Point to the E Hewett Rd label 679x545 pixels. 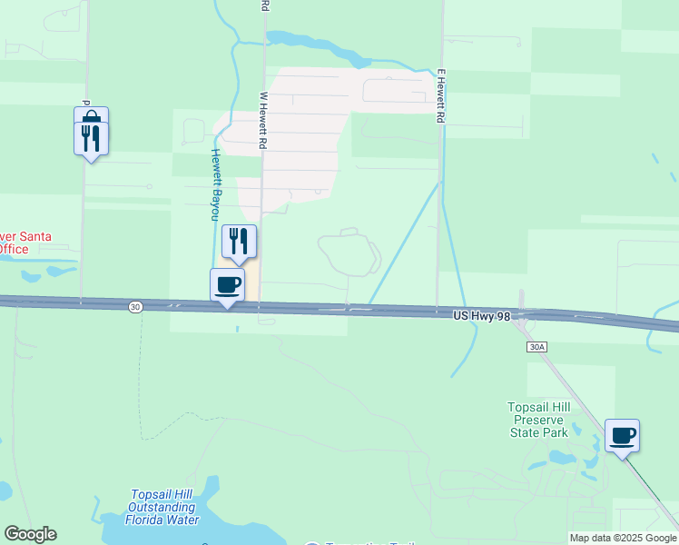(441, 95)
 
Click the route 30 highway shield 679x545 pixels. (135, 307)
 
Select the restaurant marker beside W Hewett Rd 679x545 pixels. (239, 242)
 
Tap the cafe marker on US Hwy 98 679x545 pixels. (227, 285)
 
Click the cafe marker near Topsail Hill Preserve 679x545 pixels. (622, 436)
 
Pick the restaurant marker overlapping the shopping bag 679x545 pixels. (91, 139)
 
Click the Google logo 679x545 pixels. (30, 534)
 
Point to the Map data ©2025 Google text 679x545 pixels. (623, 538)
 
